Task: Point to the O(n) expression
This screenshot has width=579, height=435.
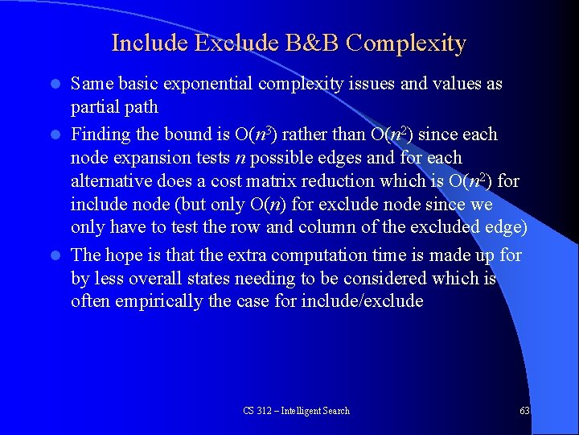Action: click(265, 205)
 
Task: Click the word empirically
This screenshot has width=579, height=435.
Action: click(165, 302)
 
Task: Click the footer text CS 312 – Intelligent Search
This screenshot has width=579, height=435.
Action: click(297, 411)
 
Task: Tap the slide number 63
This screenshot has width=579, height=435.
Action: click(524, 411)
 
